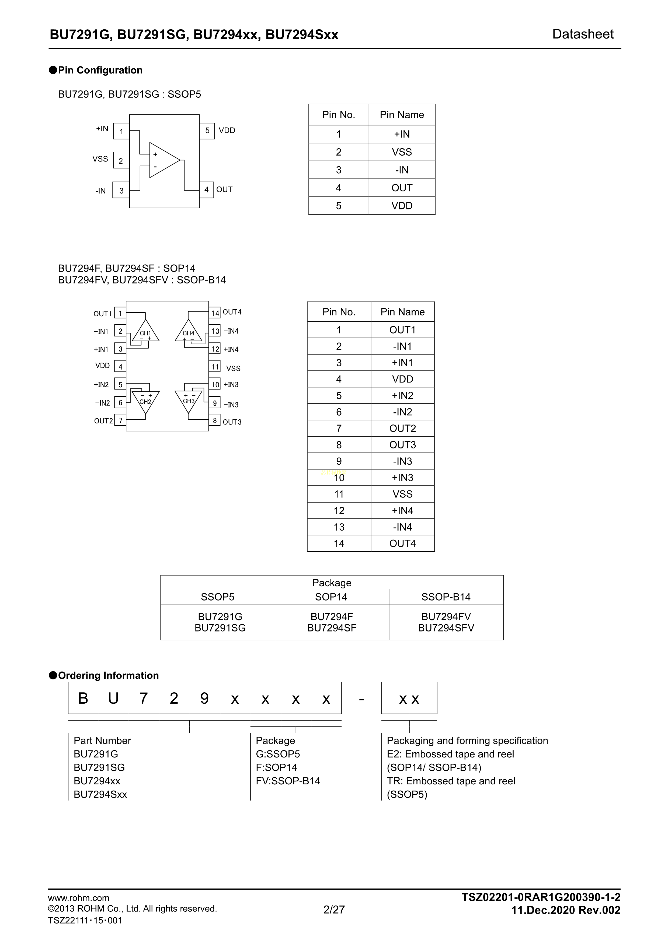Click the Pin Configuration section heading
(100, 70)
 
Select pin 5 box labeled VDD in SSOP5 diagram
(207, 131)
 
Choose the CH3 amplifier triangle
(188, 401)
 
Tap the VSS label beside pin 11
(233, 369)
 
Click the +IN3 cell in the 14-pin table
(402, 478)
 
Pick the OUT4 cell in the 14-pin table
(402, 543)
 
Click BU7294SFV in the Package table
(446, 628)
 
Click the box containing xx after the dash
(409, 699)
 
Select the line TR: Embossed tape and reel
(451, 781)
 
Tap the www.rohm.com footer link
(79, 898)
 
